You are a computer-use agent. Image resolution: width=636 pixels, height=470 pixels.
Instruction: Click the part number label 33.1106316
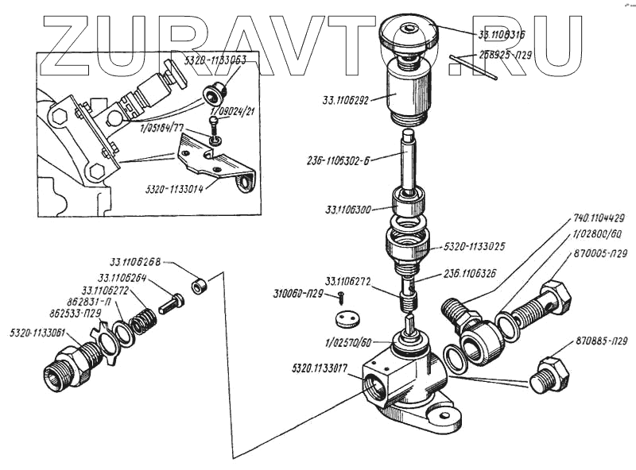[x=506, y=36]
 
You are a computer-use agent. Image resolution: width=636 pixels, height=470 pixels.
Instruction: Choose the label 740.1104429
[x=598, y=218]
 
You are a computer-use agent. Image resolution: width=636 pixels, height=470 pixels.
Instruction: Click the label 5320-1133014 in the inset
[x=175, y=190]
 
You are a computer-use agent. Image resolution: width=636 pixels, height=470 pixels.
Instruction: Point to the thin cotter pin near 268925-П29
[x=474, y=67]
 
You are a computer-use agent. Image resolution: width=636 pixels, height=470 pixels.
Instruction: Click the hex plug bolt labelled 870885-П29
[x=552, y=372]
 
